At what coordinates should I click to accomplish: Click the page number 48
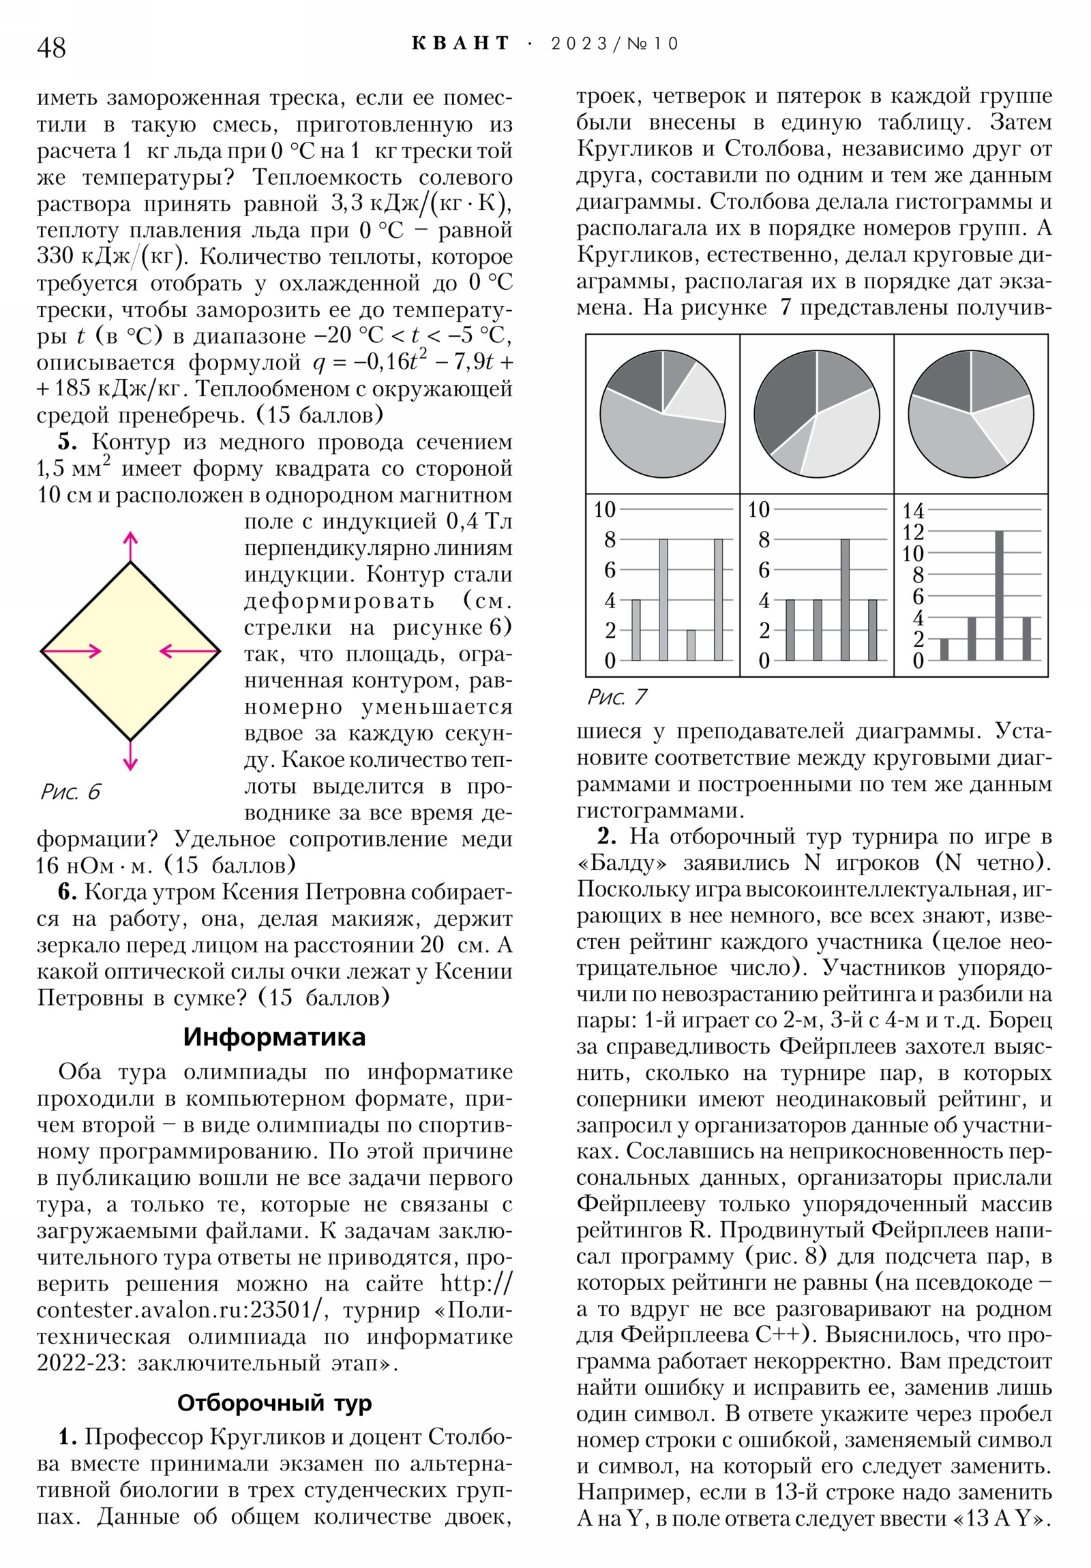point(51,47)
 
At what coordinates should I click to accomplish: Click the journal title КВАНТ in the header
point(460,44)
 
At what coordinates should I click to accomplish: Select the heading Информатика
point(274,1037)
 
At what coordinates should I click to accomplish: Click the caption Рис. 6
point(70,791)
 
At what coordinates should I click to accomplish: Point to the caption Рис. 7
point(617,697)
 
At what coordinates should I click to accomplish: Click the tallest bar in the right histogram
point(999,595)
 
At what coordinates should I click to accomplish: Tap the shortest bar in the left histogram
point(691,645)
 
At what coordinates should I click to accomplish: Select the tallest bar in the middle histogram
point(845,600)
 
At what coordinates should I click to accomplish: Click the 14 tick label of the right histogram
point(913,510)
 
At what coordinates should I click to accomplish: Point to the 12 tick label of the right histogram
point(913,531)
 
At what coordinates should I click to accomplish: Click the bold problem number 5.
point(67,442)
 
